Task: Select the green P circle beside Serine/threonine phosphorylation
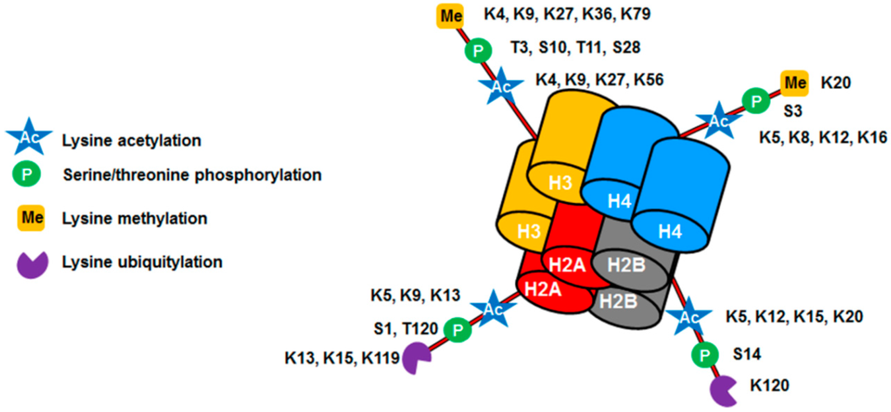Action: tap(27, 175)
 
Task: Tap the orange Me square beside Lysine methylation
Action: tap(27, 215)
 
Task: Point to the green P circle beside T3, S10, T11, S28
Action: tap(477, 50)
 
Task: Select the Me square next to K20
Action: tap(794, 84)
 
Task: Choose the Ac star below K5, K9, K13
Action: tap(489, 308)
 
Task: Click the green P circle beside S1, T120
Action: tap(454, 329)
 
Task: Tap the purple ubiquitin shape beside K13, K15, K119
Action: tap(414, 358)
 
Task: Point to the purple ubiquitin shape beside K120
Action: tap(723, 389)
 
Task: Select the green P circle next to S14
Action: tap(705, 355)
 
